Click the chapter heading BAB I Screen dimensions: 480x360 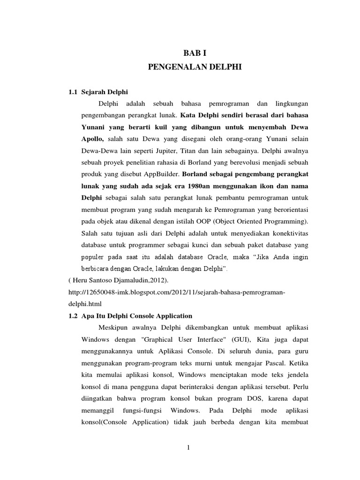(x=194, y=54)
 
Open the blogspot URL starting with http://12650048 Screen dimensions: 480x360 (x=177, y=292)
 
